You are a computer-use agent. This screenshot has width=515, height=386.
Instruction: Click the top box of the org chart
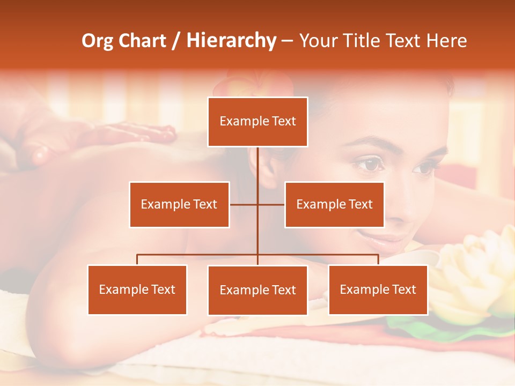pos(257,122)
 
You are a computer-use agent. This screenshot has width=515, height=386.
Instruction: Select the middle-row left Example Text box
pos(179,204)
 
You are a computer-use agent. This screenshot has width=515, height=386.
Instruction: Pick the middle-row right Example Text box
pos(334,204)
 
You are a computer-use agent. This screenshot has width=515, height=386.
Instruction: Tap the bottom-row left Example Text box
pos(137,289)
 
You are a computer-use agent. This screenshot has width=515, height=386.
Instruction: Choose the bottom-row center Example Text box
pos(257,290)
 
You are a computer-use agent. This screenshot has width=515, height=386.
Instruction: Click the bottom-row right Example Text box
pos(378,289)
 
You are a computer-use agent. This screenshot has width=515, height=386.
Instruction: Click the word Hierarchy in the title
pos(231,41)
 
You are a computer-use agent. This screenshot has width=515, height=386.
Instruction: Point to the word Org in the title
pos(97,41)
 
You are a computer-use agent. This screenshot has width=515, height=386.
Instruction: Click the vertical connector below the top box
pos(257,164)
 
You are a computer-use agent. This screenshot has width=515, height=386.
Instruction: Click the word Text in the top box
pos(283,122)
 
